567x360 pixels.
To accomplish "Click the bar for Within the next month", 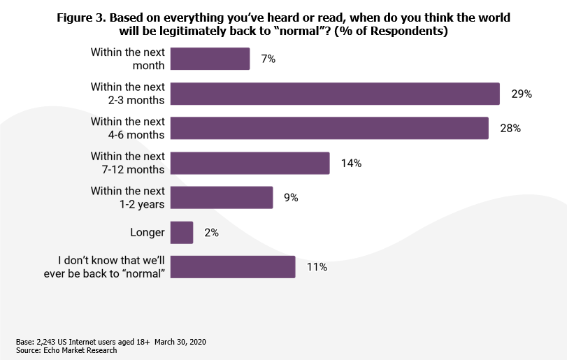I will coord(210,59).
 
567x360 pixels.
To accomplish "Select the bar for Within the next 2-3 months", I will coord(335,94).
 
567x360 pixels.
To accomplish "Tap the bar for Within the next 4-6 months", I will coord(329,128).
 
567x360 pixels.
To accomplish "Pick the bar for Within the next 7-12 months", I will coord(250,163).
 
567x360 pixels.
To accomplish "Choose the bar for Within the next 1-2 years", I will coord(222,197).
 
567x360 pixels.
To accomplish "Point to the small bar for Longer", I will coord(182,232).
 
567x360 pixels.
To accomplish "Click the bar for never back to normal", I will coord(233,266).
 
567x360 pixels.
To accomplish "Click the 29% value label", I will coord(522,94).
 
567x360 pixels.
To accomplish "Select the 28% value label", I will coord(510,129).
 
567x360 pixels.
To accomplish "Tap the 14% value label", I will coord(351,163).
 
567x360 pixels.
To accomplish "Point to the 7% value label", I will coord(268,59).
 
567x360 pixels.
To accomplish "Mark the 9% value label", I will coord(291,198).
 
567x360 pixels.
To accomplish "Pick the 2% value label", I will coord(211,233).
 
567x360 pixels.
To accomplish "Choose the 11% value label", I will coord(317,267).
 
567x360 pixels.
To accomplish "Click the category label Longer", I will coord(148,232).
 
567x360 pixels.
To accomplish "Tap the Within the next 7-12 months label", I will coord(128,163).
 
